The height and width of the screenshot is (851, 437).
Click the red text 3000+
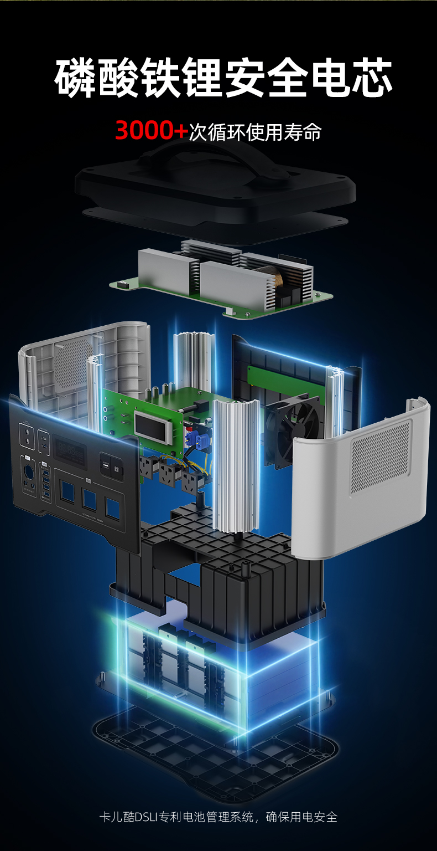[x=152, y=130]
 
